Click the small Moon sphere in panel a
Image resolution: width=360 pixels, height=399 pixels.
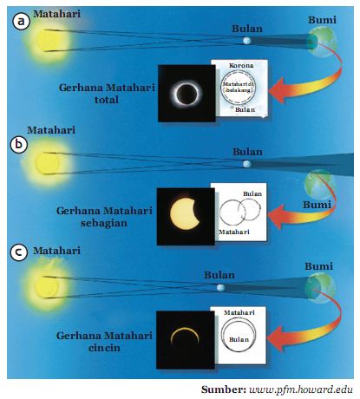tap(246, 41)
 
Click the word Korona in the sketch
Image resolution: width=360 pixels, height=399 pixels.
tap(242, 66)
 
